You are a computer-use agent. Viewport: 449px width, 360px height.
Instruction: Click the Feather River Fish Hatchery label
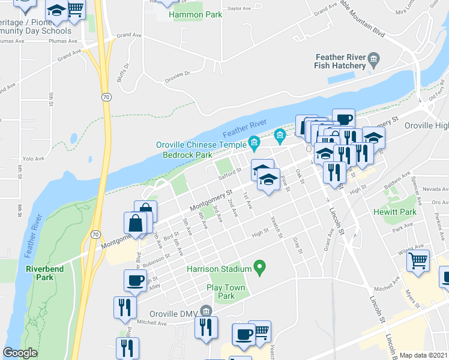340,61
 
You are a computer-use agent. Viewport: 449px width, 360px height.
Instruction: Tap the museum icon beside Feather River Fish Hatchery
374,58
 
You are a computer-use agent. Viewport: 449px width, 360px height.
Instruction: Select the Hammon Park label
196,14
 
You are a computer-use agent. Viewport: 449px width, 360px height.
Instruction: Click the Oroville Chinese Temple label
200,145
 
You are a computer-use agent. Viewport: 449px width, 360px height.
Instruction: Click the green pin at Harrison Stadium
260,266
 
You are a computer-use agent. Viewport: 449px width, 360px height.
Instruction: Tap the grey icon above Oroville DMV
206,310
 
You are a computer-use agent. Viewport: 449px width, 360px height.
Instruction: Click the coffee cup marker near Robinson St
135,280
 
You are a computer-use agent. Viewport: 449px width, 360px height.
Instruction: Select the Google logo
20,353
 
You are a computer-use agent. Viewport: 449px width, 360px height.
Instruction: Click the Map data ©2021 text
423,355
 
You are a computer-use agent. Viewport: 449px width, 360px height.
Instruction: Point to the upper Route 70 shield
106,97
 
